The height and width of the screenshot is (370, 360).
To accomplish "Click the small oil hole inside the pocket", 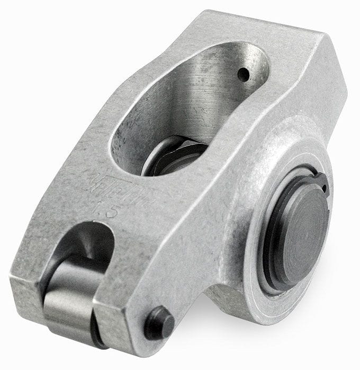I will [243, 75].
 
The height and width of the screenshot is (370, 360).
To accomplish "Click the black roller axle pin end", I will [159, 322].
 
